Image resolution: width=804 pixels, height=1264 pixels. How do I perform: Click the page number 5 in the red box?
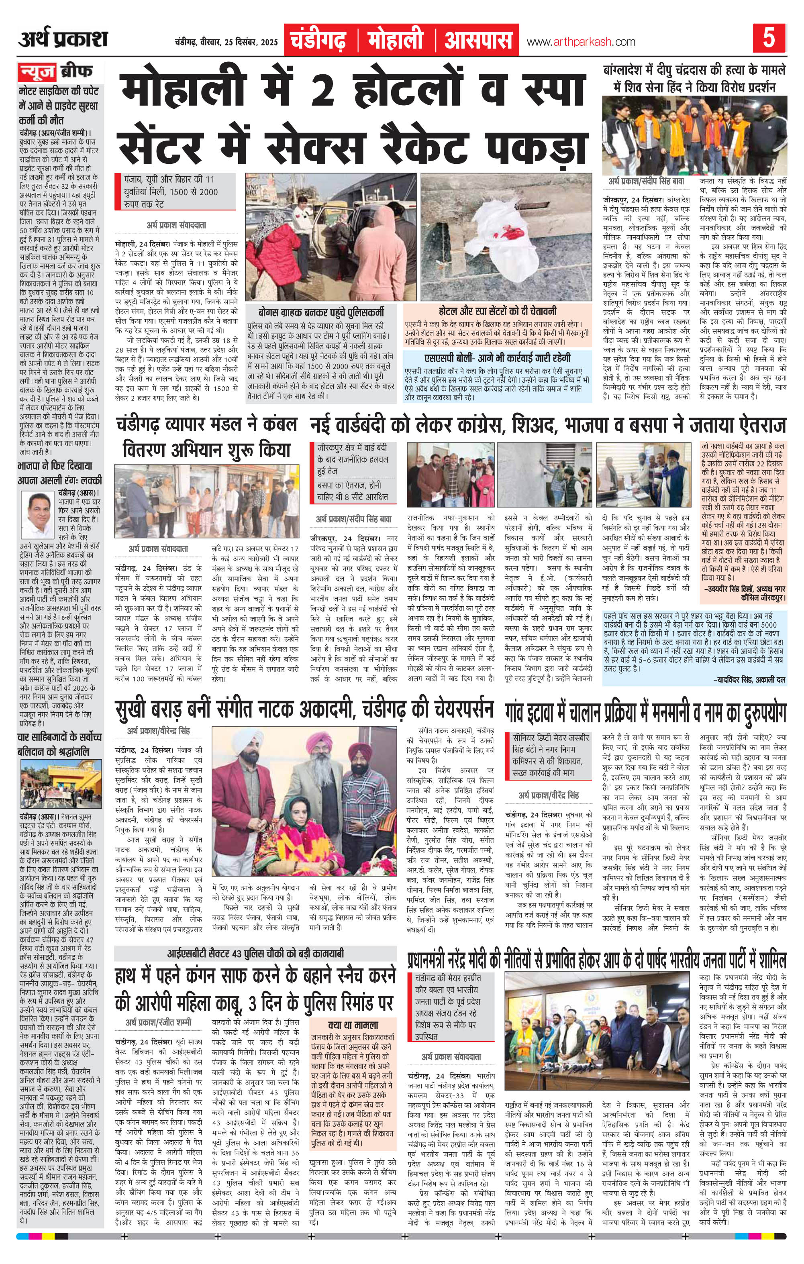tap(769, 40)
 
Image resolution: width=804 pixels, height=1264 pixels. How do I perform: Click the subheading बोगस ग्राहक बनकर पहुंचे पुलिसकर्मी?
tap(323, 310)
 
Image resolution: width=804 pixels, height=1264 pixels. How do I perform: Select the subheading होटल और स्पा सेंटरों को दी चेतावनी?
tap(497, 310)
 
